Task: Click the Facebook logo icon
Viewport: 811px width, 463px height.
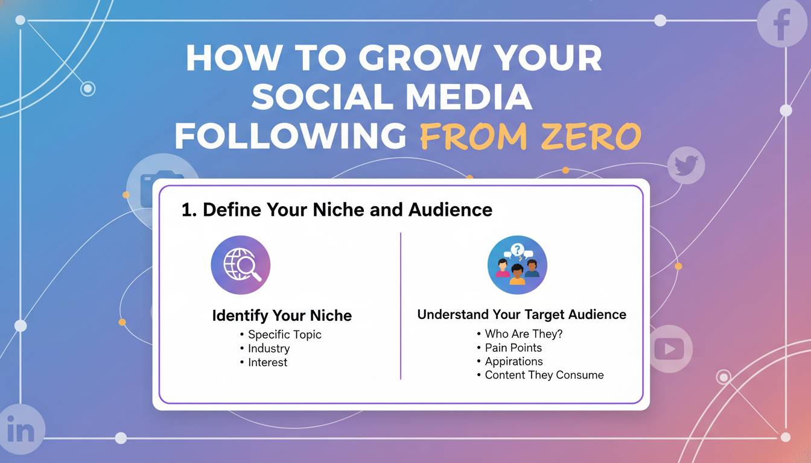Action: (782, 22)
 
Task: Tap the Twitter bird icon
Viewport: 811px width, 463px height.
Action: (686, 165)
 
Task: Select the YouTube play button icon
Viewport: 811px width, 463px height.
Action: (669, 349)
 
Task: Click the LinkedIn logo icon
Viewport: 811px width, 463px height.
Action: (21, 430)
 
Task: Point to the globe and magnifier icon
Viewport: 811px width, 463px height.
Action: (241, 265)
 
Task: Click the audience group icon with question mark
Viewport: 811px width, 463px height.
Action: (517, 265)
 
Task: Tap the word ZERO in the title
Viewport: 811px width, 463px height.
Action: (591, 136)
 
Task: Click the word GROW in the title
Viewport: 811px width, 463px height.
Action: (419, 58)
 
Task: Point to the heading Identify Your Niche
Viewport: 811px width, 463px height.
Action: (282, 315)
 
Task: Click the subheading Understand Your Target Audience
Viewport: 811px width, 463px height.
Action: (522, 314)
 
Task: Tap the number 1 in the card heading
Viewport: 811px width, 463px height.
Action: (186, 210)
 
